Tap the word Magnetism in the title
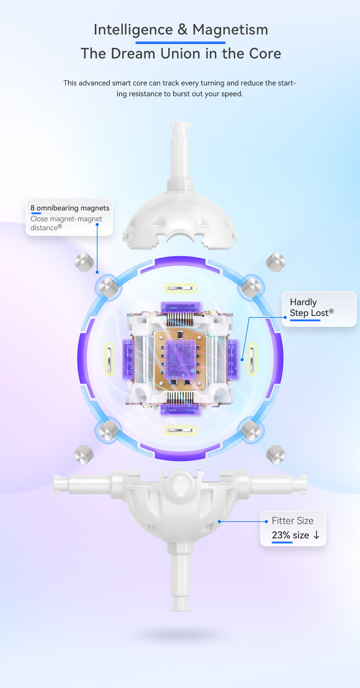230,30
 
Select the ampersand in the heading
183,30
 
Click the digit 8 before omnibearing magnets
32,208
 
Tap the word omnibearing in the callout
57,208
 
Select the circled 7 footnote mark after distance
60,226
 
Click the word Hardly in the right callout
303,302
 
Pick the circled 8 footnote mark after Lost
331,311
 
